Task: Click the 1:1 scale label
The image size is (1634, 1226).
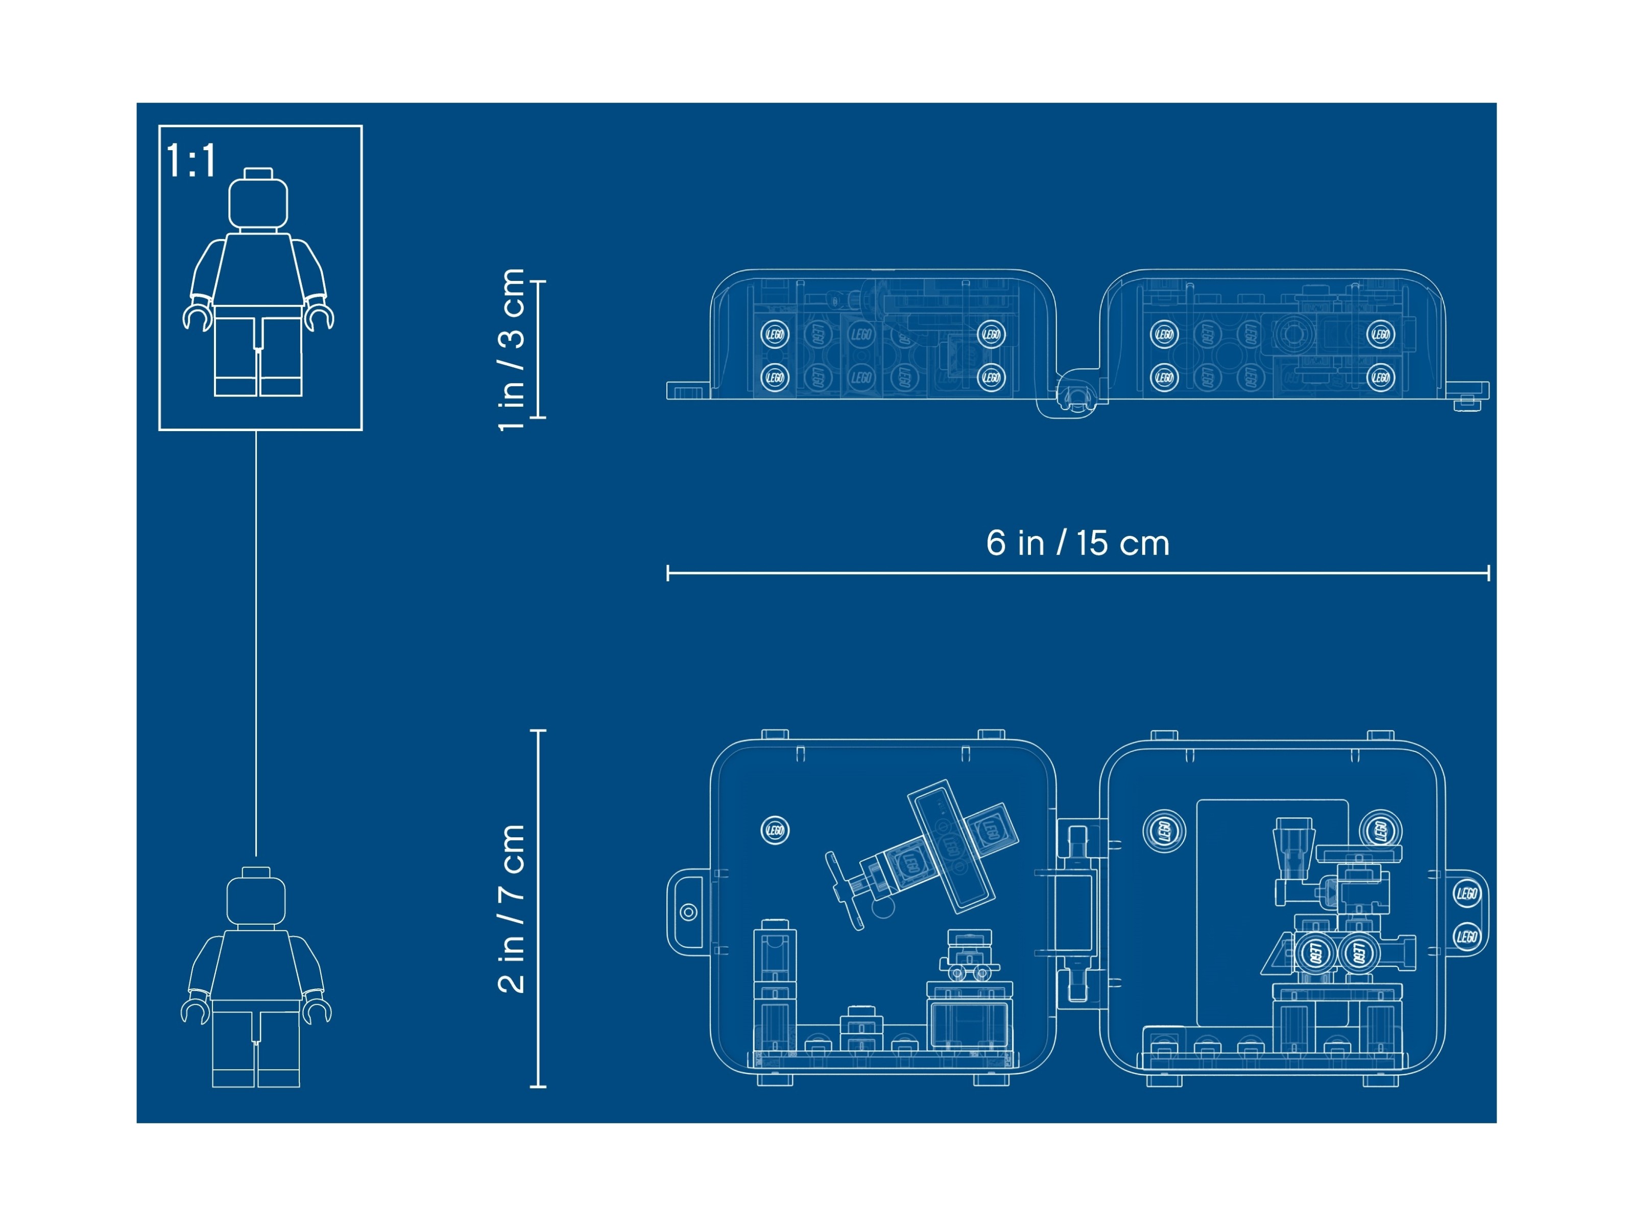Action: coord(190,160)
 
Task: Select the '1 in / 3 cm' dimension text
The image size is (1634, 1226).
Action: coord(511,349)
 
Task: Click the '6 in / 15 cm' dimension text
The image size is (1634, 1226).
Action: coord(1078,543)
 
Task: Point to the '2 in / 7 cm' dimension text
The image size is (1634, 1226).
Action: coord(511,908)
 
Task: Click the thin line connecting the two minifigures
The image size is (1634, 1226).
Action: coord(256,643)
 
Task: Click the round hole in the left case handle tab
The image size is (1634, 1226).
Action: coord(688,912)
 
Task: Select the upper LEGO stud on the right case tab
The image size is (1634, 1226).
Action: coord(1467,893)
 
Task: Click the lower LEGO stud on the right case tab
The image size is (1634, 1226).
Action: coord(1467,936)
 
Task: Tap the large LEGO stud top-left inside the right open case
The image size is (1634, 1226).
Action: coord(1164,831)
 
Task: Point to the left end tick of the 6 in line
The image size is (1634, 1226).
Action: coord(668,573)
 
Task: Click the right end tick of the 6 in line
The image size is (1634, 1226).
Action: coord(1488,573)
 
